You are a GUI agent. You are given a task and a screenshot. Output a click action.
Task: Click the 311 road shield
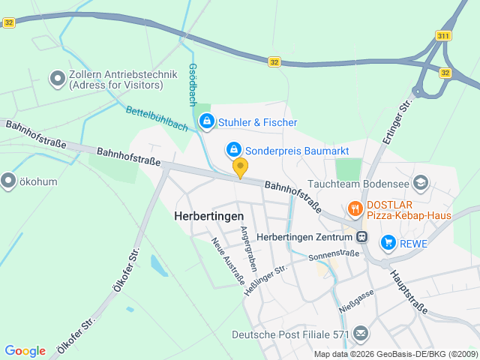point(442,35)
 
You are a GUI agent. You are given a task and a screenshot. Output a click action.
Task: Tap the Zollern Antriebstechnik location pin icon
point(57,78)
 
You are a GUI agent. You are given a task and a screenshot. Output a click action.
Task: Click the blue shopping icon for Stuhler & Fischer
point(205,121)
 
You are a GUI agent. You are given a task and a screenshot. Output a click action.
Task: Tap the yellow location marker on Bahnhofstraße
point(240,167)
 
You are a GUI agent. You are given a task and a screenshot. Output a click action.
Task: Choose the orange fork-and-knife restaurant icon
point(355,208)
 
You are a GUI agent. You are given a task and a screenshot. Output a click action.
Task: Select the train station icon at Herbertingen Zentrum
point(362,237)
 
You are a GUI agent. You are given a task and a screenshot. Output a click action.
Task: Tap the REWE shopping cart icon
point(388,241)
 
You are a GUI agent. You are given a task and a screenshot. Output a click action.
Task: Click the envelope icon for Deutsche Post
point(361,333)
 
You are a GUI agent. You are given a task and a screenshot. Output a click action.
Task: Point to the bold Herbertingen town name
point(209,215)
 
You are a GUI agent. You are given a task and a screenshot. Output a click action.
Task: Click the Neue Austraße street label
point(228,262)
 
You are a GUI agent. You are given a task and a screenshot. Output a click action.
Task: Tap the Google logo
point(25,350)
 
